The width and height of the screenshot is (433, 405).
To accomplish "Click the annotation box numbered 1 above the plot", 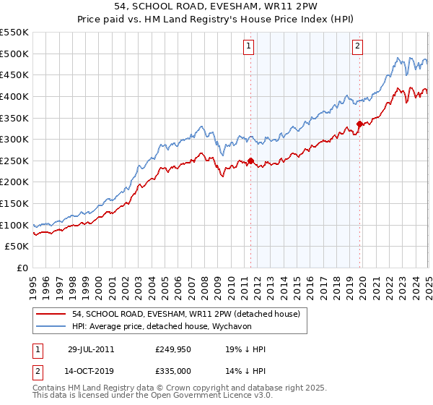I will tap(248, 46).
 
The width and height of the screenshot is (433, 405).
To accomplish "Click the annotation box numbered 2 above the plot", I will tap(357, 46).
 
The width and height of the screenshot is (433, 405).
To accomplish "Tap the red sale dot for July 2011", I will tap(251, 161).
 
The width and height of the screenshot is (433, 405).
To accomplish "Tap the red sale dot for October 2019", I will tap(359, 124).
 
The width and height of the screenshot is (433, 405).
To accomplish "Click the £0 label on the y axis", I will tap(21, 268).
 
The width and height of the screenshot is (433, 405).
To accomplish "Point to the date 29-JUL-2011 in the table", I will tap(91, 349).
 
